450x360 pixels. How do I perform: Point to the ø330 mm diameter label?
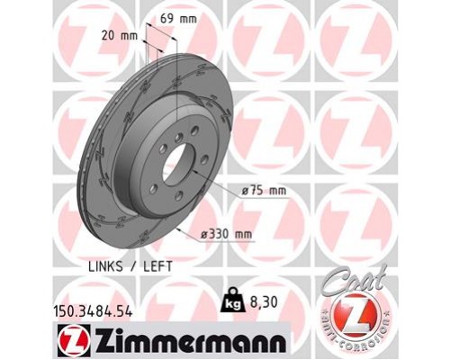pyautogui.click(x=228, y=234)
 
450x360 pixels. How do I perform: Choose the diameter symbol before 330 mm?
pyautogui.click(x=207, y=234)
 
